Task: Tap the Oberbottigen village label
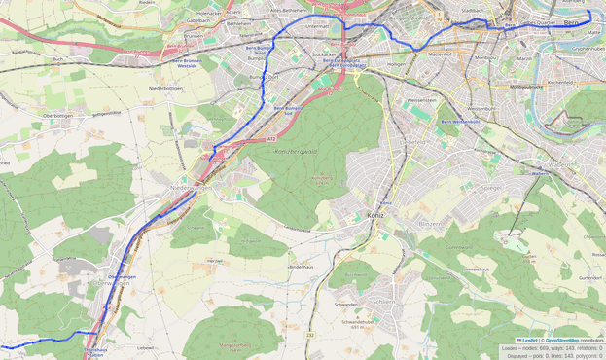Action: coord(57,116)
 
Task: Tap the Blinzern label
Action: coord(429,224)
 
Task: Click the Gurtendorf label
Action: coord(590,277)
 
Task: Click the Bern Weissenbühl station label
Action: coord(460,122)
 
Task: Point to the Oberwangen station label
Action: coord(121,277)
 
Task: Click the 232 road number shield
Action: coord(311,335)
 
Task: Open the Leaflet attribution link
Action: coord(527,340)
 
